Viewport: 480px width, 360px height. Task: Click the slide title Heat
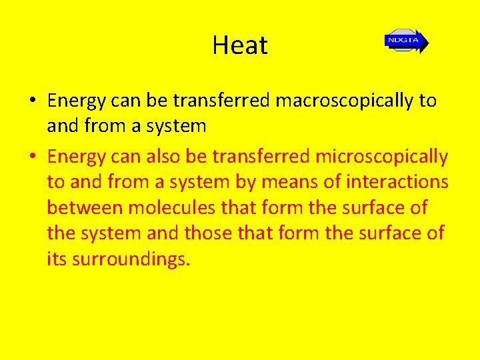pyautogui.click(x=240, y=45)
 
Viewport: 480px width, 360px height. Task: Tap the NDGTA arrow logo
pyautogui.click(x=406, y=41)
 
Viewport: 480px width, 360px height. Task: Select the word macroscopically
pyautogui.click(x=347, y=101)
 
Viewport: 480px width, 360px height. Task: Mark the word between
pyautogui.click(x=85, y=207)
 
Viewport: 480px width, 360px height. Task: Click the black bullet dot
pyautogui.click(x=33, y=101)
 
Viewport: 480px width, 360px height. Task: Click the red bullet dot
pyautogui.click(x=33, y=157)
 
